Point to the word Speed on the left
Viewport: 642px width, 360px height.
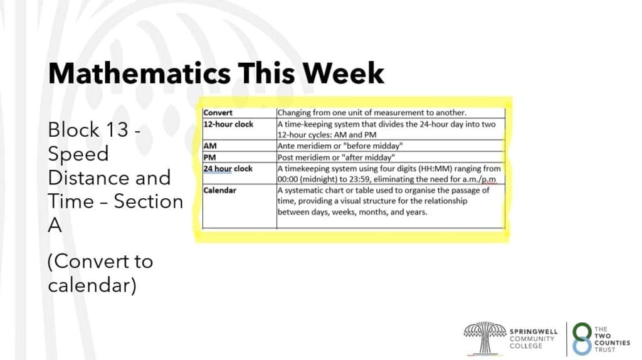(x=78, y=154)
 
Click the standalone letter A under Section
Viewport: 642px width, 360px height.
(x=55, y=225)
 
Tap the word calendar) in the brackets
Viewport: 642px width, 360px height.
(x=92, y=285)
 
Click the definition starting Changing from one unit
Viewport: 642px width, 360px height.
(x=372, y=113)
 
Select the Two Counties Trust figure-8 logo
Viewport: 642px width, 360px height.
(x=582, y=339)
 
